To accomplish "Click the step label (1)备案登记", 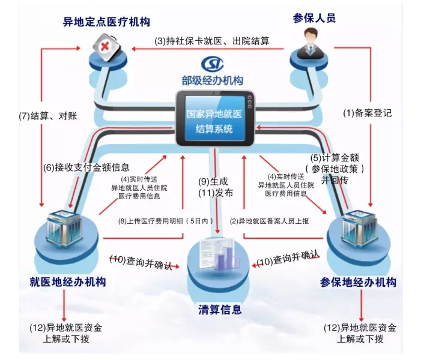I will (368, 112).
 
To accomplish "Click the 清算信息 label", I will (220, 310).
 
